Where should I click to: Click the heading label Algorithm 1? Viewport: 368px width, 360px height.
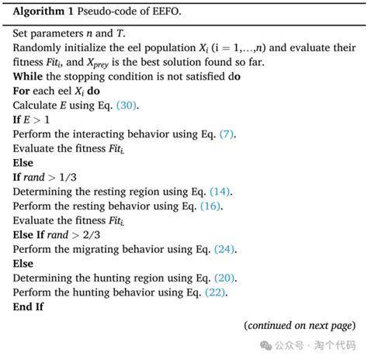[x=45, y=10]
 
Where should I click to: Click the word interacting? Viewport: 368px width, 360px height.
[x=99, y=135]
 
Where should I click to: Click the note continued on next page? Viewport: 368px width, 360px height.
[x=299, y=326]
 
